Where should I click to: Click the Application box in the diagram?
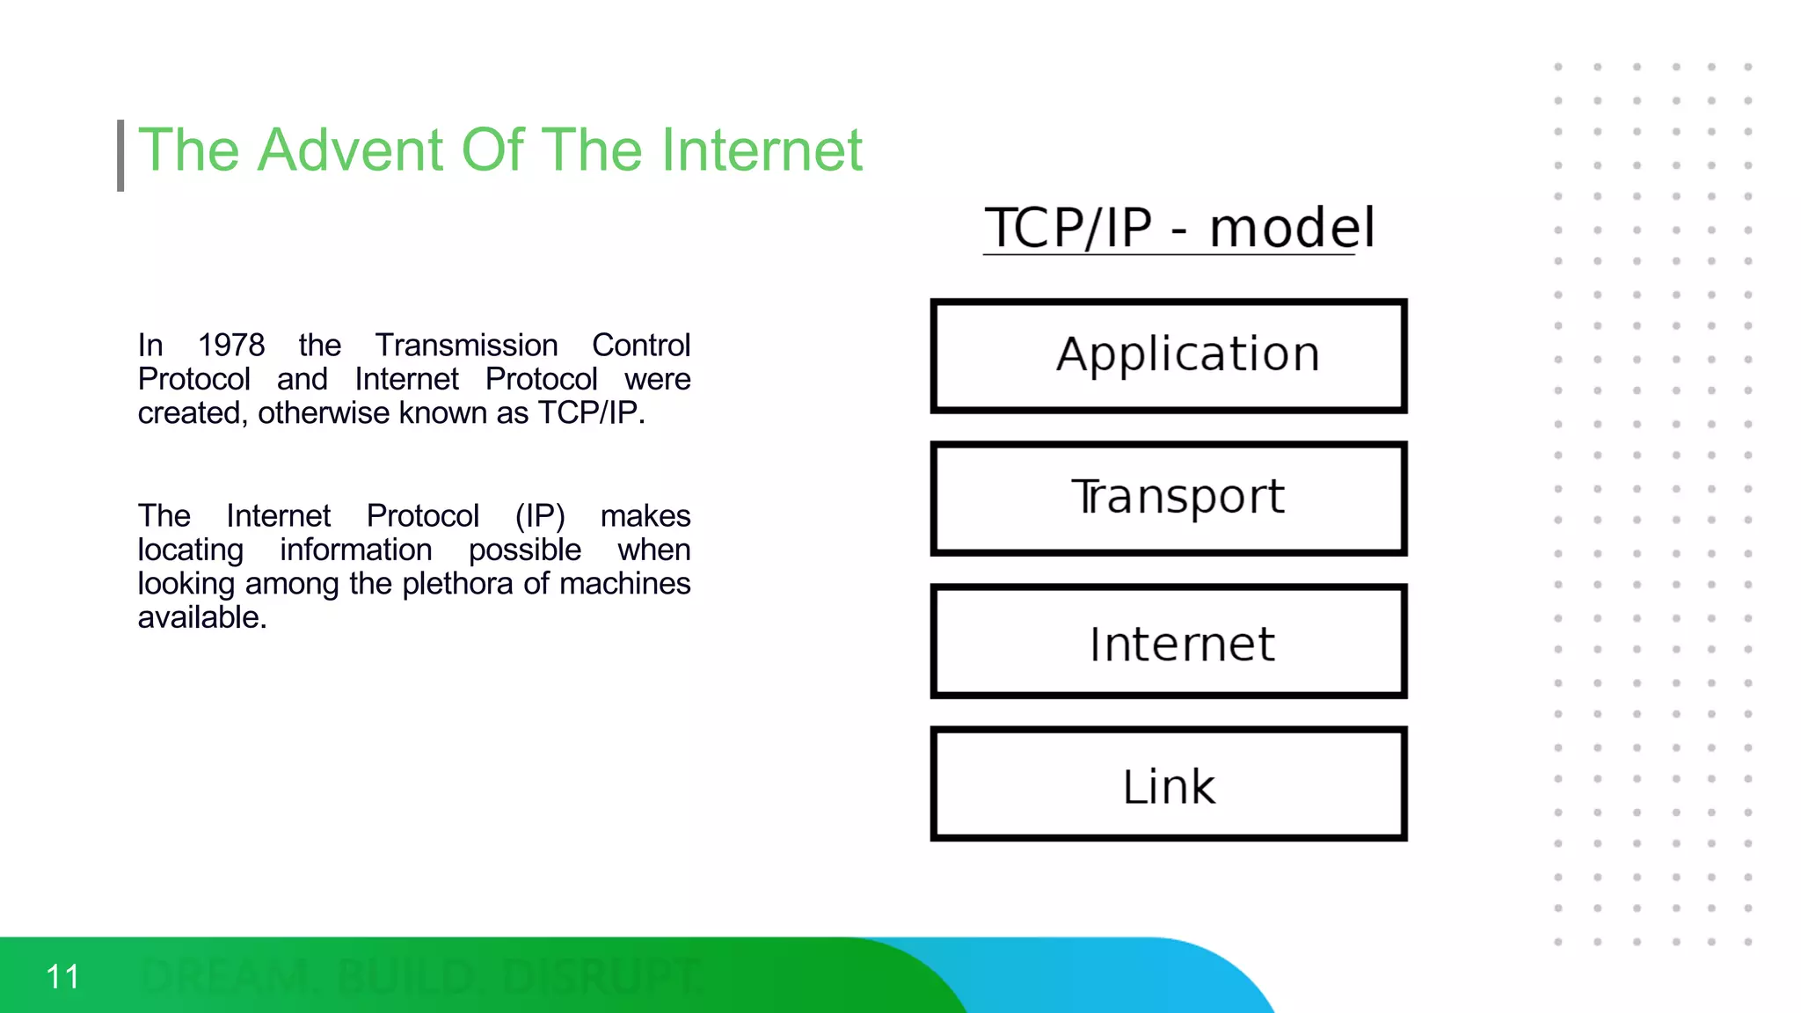tap(1169, 355)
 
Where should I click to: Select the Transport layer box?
tap(1169, 498)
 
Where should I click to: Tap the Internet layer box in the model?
tap(1169, 642)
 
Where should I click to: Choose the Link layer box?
tap(1169, 784)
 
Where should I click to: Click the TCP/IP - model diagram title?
tap(1178, 228)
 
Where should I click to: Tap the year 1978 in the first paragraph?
tap(230, 346)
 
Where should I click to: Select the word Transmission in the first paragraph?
tap(466, 346)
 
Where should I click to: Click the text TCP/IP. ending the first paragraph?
tap(591, 413)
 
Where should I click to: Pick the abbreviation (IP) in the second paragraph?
tap(540, 516)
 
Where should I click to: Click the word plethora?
tap(457, 584)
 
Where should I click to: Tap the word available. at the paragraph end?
tap(201, 617)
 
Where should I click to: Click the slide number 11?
tap(62, 977)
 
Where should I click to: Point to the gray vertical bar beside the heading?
tap(120, 156)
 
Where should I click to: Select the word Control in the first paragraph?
tap(640, 346)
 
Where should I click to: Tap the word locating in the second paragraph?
tap(190, 550)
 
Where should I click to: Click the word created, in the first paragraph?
tap(193, 413)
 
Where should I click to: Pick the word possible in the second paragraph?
tap(524, 550)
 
